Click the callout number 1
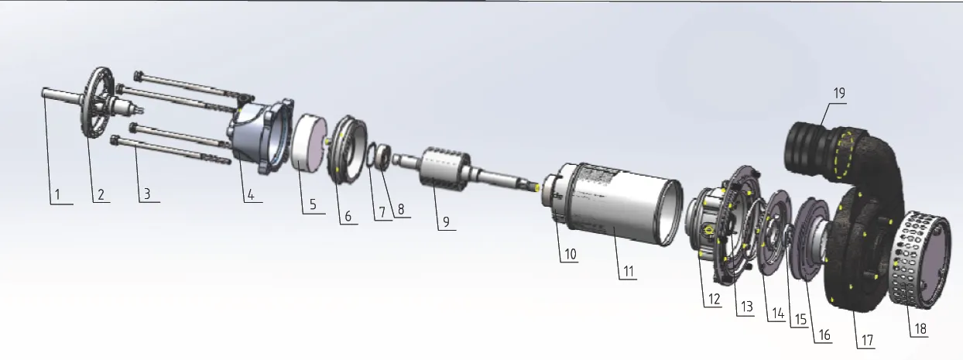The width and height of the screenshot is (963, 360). click(57, 195)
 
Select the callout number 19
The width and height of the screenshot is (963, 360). click(839, 94)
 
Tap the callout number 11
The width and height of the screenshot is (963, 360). click(629, 272)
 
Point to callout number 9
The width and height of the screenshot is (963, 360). click(446, 222)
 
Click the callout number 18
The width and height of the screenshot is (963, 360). click(920, 329)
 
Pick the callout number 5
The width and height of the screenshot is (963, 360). click(313, 204)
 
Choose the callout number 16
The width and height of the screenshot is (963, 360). click(824, 335)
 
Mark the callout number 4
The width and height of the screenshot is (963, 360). click(251, 195)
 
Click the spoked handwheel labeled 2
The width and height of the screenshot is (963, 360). click(98, 103)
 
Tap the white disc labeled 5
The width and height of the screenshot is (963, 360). click(309, 143)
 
